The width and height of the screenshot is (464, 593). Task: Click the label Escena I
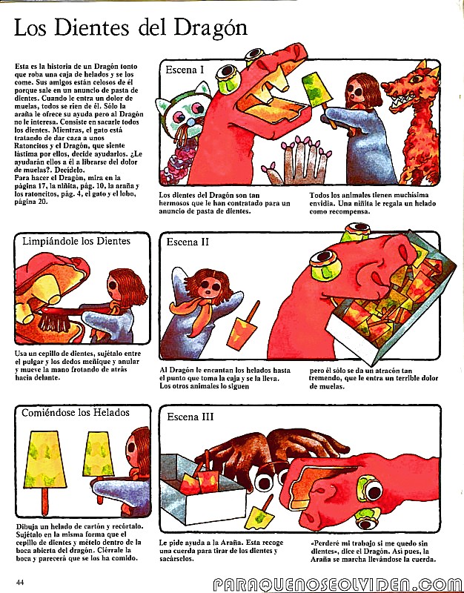coord(184,70)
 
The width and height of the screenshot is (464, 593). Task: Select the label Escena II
coord(188,242)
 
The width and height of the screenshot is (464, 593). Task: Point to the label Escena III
coord(190,417)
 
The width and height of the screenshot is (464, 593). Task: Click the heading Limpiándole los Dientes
coord(76,242)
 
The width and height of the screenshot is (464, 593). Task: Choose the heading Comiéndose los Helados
coord(76,413)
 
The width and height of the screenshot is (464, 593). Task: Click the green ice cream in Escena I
coord(317,90)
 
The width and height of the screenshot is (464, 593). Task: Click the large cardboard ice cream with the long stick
coord(44,469)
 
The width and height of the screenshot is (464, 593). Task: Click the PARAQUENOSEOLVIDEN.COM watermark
coord(338,585)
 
